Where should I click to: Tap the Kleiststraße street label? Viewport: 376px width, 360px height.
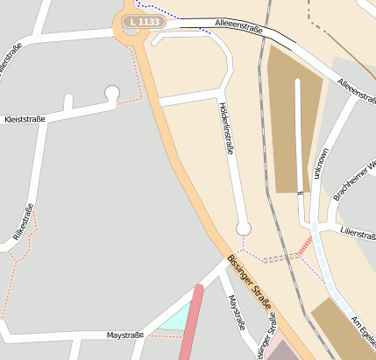(25, 118)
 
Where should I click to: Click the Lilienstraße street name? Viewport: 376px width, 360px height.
(356, 235)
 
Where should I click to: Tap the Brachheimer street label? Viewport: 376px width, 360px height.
(354, 180)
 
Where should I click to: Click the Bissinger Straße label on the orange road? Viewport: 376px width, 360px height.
(251, 286)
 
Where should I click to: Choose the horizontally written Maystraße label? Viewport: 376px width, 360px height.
(124, 335)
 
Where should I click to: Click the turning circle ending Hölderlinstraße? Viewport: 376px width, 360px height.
(244, 229)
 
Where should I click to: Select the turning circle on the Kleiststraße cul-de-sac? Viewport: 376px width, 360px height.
(111, 92)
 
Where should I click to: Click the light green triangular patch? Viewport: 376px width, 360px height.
(175, 321)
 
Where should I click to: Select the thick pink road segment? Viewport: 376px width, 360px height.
(192, 323)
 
